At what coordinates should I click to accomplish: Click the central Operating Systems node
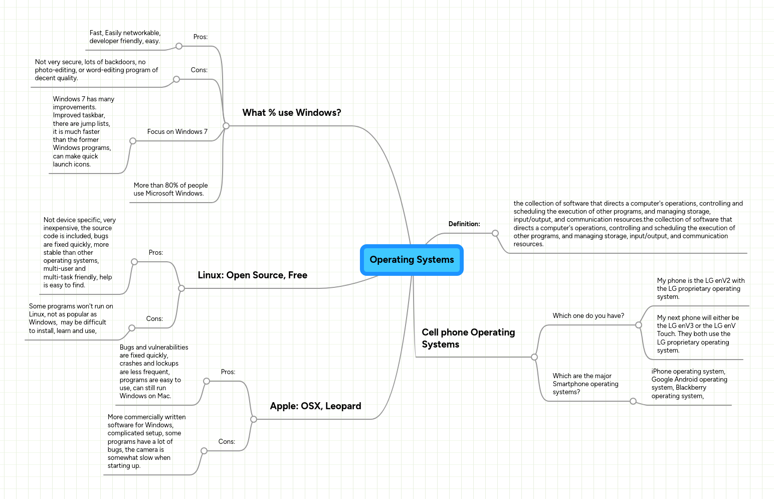[412, 260]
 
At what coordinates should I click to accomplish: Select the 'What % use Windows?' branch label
[291, 113]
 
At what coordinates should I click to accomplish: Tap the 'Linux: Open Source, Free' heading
[252, 275]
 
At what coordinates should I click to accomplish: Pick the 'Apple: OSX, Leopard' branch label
[315, 406]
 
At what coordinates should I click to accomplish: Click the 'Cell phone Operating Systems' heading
[468, 338]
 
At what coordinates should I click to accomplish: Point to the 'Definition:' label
[464, 224]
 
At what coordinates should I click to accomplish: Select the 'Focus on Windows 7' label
[177, 132]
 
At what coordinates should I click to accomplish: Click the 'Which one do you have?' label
[588, 316]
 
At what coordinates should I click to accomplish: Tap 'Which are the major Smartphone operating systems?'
[585, 384]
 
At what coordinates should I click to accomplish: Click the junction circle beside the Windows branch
[226, 126]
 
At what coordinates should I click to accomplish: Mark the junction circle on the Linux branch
[181, 288]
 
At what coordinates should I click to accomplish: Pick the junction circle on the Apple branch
[254, 419]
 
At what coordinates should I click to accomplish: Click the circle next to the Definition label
[495, 233]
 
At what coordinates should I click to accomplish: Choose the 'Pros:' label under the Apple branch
[228, 372]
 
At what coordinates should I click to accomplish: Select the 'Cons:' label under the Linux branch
[154, 319]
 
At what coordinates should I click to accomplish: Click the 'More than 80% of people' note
[170, 190]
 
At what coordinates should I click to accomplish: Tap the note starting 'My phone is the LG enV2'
[700, 289]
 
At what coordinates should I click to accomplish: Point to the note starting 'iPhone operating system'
[689, 384]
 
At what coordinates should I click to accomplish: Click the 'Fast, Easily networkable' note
[125, 37]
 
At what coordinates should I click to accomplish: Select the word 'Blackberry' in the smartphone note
[691, 388]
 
